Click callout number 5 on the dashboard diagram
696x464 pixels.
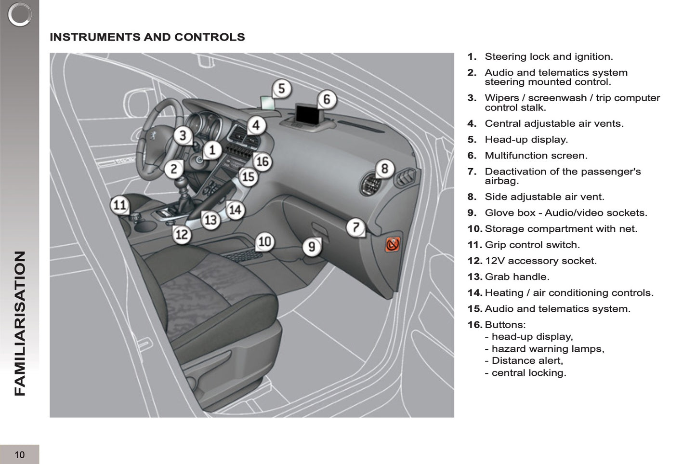click(x=282, y=89)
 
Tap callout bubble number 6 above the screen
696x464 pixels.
click(x=327, y=99)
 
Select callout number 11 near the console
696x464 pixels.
click(x=119, y=205)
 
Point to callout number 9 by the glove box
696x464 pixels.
click(x=312, y=247)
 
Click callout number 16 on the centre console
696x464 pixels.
click(x=262, y=161)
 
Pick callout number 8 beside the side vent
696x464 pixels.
click(x=384, y=169)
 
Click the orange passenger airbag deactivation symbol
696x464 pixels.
click(x=393, y=245)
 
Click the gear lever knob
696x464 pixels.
click(x=183, y=183)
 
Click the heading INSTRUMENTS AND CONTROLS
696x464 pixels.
click(x=147, y=37)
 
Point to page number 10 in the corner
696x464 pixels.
click(x=19, y=455)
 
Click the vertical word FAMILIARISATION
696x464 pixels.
click(x=20, y=323)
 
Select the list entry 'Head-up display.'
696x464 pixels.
click(x=526, y=140)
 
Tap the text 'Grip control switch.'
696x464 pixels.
click(x=532, y=245)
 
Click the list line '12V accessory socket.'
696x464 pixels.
click(x=540, y=261)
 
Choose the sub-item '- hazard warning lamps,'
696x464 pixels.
click(x=548, y=349)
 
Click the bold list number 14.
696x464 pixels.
click(x=474, y=292)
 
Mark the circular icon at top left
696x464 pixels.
click(x=20, y=14)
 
